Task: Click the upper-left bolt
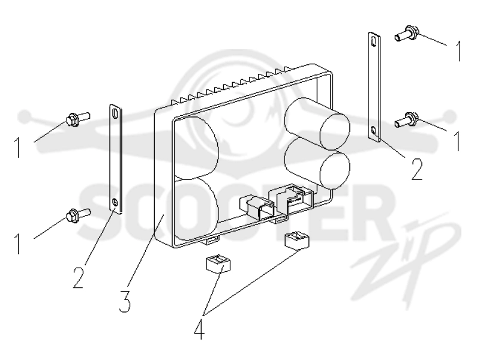(78, 119)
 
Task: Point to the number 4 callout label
(199, 328)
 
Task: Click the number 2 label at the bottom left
(79, 277)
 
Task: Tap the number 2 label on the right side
(417, 169)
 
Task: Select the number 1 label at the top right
(458, 51)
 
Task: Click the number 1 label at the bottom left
(18, 244)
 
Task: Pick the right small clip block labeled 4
(297, 239)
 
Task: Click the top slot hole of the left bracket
(115, 113)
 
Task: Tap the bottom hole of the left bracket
(115, 202)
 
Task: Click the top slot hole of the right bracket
(373, 41)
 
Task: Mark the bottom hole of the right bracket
(373, 131)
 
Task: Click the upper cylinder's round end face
(335, 131)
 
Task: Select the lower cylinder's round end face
(335, 170)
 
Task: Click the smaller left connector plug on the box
(257, 206)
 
